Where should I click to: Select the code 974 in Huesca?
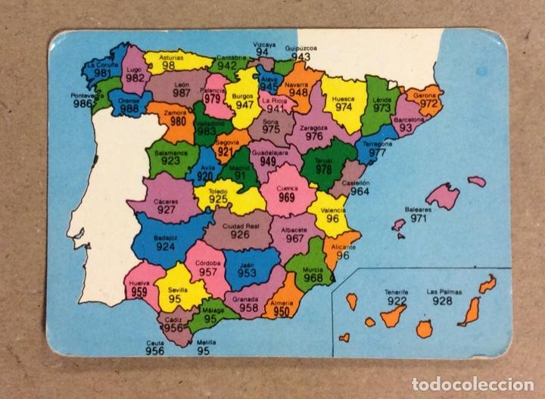click(x=344, y=107)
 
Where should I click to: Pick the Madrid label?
click(x=239, y=167)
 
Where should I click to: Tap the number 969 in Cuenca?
click(x=286, y=198)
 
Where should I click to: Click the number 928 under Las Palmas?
click(x=444, y=301)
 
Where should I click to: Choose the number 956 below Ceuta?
click(x=155, y=351)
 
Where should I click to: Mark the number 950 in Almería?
click(x=281, y=311)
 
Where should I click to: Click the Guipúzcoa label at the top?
click(x=301, y=47)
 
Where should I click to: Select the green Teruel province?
click(x=327, y=169)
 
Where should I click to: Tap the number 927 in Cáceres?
click(x=166, y=210)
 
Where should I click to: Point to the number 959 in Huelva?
click(x=139, y=292)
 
